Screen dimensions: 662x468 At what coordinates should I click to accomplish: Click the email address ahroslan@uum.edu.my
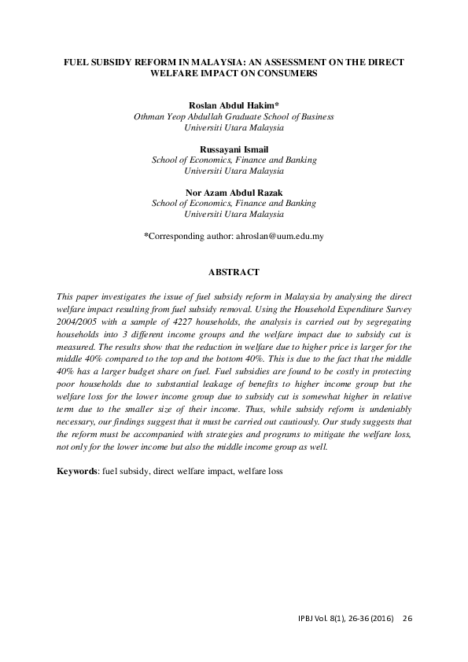[281, 235]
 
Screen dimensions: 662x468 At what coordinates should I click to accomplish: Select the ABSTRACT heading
[234, 272]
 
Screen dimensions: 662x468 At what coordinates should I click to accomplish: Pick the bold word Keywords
[77, 471]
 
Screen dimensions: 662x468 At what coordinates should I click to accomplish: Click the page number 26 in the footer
[407, 618]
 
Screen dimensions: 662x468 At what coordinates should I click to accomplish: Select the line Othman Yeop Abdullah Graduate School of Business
[234, 116]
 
